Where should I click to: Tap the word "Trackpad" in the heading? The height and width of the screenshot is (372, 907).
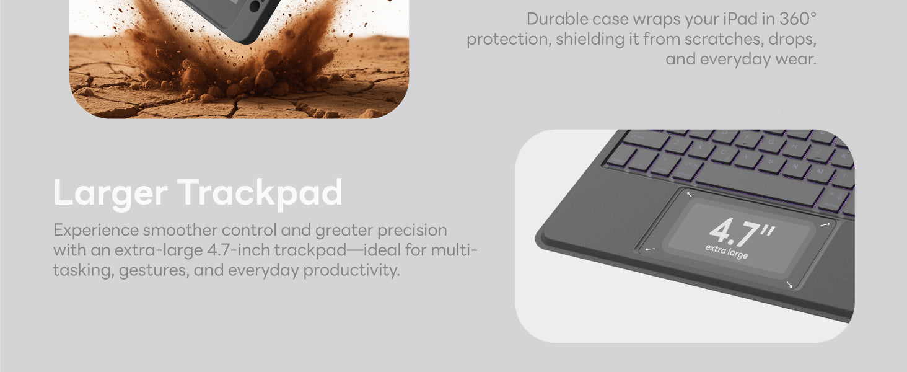[x=260, y=193]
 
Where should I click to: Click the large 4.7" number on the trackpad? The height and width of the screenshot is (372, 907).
[x=742, y=232]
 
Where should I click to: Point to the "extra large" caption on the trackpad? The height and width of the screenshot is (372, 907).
[x=727, y=251]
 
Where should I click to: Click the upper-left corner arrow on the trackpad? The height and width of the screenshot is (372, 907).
[x=689, y=195]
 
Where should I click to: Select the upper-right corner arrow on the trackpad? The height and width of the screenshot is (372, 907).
[x=825, y=224]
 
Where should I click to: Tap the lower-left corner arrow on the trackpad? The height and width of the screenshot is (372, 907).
[x=650, y=249]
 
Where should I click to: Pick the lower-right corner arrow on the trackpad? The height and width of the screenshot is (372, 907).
[x=789, y=284]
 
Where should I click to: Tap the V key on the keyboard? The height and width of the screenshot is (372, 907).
[x=747, y=157]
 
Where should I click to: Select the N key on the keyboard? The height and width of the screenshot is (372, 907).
[x=794, y=167]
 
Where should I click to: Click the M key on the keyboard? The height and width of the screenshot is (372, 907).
[x=819, y=172]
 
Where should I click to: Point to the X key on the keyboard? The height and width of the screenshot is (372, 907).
[x=699, y=148]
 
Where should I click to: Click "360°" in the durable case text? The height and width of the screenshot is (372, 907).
[x=798, y=19]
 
